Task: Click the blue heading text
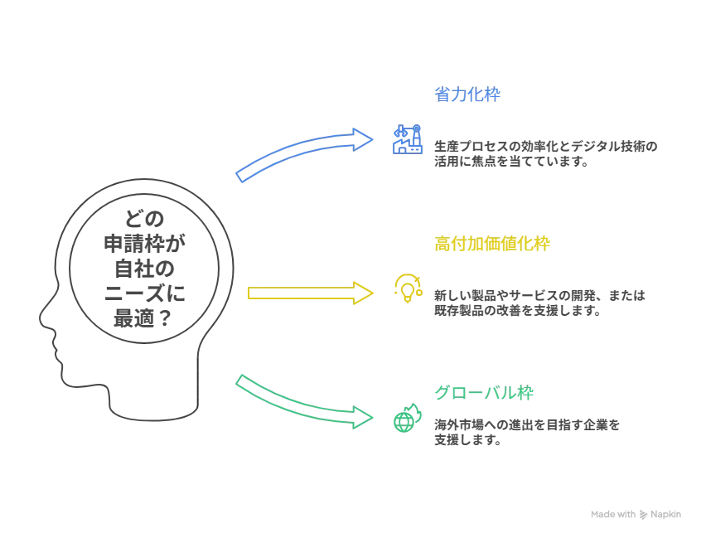[x=467, y=95]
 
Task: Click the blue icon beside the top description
[x=407, y=140]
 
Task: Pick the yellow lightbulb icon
[x=407, y=288]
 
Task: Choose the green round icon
[x=406, y=419]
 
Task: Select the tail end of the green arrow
[x=241, y=380]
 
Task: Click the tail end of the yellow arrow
[x=250, y=293]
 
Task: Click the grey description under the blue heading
[x=547, y=155]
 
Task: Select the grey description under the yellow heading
[x=538, y=303]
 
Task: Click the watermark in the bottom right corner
[x=636, y=514]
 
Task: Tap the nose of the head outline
[x=38, y=317]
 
